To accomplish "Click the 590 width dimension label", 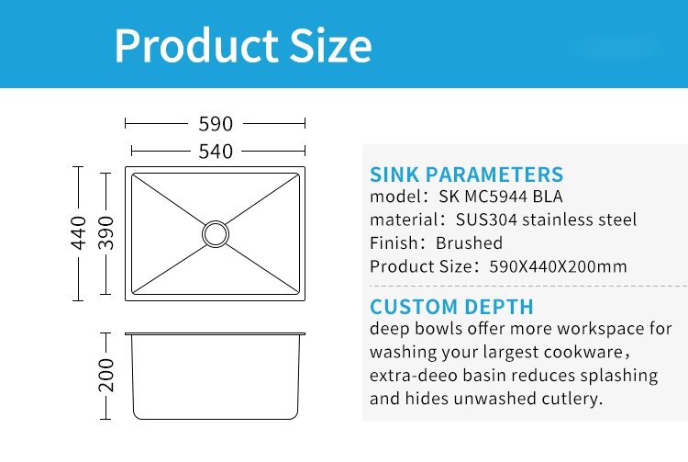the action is (215, 124).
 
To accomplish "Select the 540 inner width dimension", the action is (215, 152).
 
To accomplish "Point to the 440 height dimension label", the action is (79, 232).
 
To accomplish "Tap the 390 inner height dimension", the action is (105, 232).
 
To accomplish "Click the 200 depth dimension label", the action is (105, 375).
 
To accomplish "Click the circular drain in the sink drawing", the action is (216, 233).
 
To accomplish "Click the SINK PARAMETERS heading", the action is (466, 175).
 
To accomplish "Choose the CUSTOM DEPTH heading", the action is (451, 307).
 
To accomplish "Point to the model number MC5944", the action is (495, 197).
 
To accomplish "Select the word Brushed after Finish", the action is (469, 242).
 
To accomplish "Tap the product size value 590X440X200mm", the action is (558, 266).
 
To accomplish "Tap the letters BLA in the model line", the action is (548, 197).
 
